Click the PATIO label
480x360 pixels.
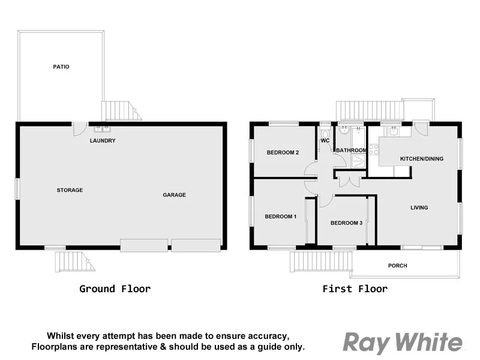(x=61, y=67)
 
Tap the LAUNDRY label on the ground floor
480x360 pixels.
(x=103, y=141)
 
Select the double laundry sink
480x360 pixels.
(x=102, y=128)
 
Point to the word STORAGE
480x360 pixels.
(x=70, y=190)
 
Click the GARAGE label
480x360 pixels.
(x=175, y=195)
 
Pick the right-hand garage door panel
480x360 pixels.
(x=196, y=245)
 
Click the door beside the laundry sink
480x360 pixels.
(x=80, y=128)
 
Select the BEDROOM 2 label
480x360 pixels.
(x=283, y=152)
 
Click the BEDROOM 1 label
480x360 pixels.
(x=281, y=217)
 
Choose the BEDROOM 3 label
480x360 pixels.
(x=346, y=223)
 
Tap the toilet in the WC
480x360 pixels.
(x=325, y=131)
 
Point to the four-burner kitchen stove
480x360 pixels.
(x=373, y=149)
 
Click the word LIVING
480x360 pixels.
(x=419, y=208)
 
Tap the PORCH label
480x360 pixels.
(x=397, y=265)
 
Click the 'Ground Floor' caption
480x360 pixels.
(x=115, y=289)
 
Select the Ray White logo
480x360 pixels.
(x=402, y=343)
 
